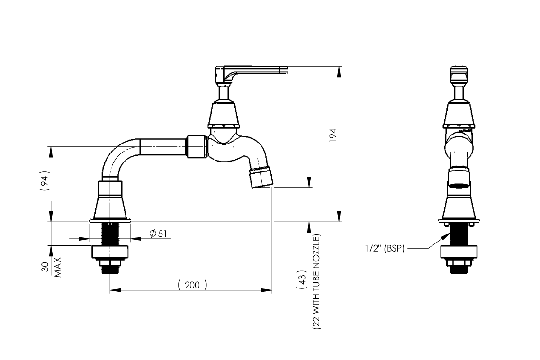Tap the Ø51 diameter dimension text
[x=158, y=234]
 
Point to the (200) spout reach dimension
[x=192, y=285]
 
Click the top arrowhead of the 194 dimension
[x=339, y=70]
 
